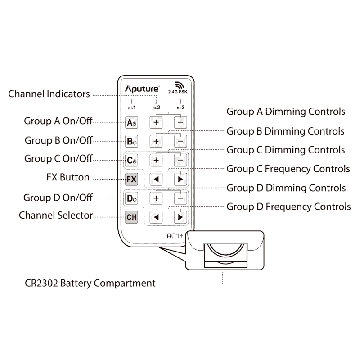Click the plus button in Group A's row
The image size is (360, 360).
[x=156, y=122]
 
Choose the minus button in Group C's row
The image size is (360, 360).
[x=180, y=160]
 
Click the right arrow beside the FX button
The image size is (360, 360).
[x=180, y=179]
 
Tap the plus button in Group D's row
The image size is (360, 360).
[x=156, y=198]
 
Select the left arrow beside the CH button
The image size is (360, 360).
[x=156, y=216]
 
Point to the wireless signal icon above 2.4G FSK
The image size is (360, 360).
[x=180, y=85]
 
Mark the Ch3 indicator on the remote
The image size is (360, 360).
[x=180, y=108]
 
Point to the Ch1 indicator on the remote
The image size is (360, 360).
[x=131, y=108]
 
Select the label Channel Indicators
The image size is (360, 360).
[x=49, y=94]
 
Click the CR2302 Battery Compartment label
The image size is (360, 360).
[x=90, y=284]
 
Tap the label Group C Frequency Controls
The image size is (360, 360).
[x=288, y=169]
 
